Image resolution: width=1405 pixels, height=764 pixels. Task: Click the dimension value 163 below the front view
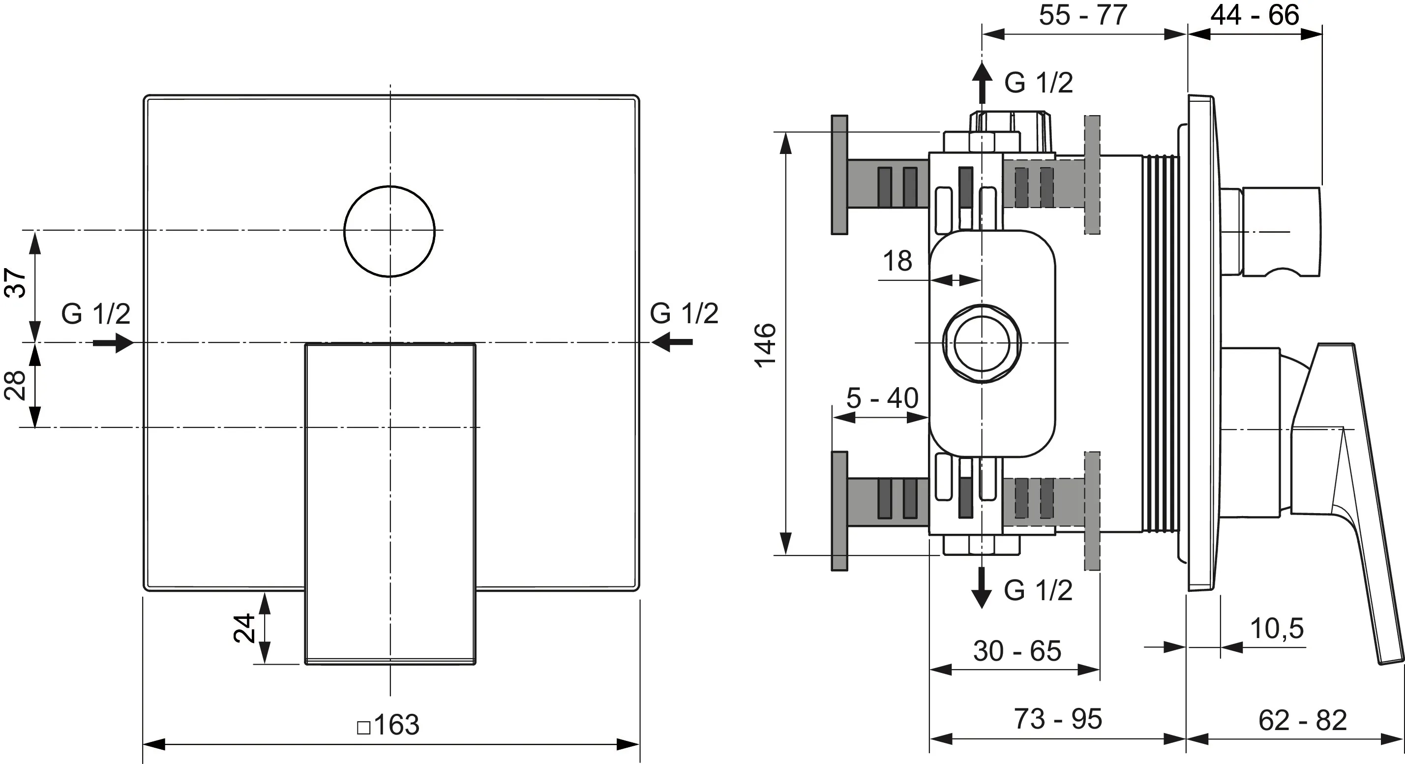coord(396,725)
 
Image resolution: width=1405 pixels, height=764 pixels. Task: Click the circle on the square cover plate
coord(389,231)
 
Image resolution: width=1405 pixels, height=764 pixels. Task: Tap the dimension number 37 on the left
coord(16,282)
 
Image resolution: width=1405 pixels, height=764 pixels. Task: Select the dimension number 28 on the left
coord(16,385)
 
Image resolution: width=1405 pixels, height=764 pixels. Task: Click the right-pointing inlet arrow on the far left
coord(113,343)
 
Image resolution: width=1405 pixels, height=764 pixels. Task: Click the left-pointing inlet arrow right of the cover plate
coord(672,343)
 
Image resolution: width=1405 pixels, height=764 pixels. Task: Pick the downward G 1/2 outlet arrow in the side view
coord(982,588)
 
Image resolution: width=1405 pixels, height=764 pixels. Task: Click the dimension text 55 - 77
coord(1083,15)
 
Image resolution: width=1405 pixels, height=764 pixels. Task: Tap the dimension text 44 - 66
coord(1255,15)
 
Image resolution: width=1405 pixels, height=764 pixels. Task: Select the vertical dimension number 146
coord(766,345)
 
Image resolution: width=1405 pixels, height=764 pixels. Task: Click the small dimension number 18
coord(897,261)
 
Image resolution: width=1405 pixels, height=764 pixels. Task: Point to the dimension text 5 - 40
coord(882,398)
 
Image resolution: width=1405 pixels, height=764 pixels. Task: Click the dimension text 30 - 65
coord(1017,651)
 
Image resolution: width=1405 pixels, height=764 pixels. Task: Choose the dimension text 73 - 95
coord(1058,719)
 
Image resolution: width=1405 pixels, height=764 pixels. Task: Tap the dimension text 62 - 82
coord(1302,720)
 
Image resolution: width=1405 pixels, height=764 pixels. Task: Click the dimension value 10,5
coord(1276,629)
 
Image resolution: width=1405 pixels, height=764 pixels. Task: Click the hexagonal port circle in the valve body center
coord(982,343)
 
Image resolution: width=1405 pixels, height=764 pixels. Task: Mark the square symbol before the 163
coord(364,728)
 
